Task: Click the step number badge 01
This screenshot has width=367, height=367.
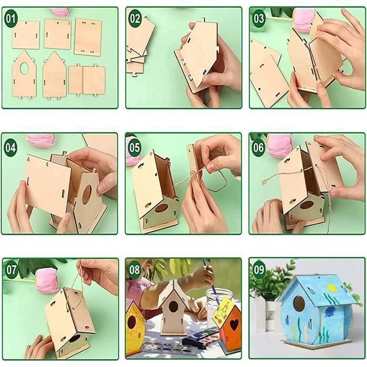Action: click(x=11, y=18)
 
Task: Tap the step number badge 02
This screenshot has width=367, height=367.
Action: click(x=135, y=18)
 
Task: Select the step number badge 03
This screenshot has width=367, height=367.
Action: click(x=258, y=18)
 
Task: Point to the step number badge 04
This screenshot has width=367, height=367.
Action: click(x=10, y=148)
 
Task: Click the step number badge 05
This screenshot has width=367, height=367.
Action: click(x=134, y=148)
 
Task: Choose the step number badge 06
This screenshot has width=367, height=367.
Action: click(x=258, y=148)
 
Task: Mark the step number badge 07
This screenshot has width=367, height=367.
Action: click(x=12, y=269)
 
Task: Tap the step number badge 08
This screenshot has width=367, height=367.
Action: click(x=135, y=269)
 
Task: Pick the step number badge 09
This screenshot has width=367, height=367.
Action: click(x=258, y=269)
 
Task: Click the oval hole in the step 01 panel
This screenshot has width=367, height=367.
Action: click(x=24, y=68)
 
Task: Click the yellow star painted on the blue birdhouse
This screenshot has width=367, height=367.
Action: click(x=332, y=288)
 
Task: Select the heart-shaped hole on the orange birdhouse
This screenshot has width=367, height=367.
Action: click(x=234, y=325)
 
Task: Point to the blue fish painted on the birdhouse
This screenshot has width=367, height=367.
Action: click(x=330, y=310)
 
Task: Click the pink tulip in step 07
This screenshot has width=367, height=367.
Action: click(x=47, y=280)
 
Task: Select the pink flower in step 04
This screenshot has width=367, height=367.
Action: click(x=40, y=141)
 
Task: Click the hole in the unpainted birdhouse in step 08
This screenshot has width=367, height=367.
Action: click(x=174, y=306)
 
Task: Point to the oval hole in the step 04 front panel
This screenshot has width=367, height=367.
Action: click(x=87, y=195)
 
